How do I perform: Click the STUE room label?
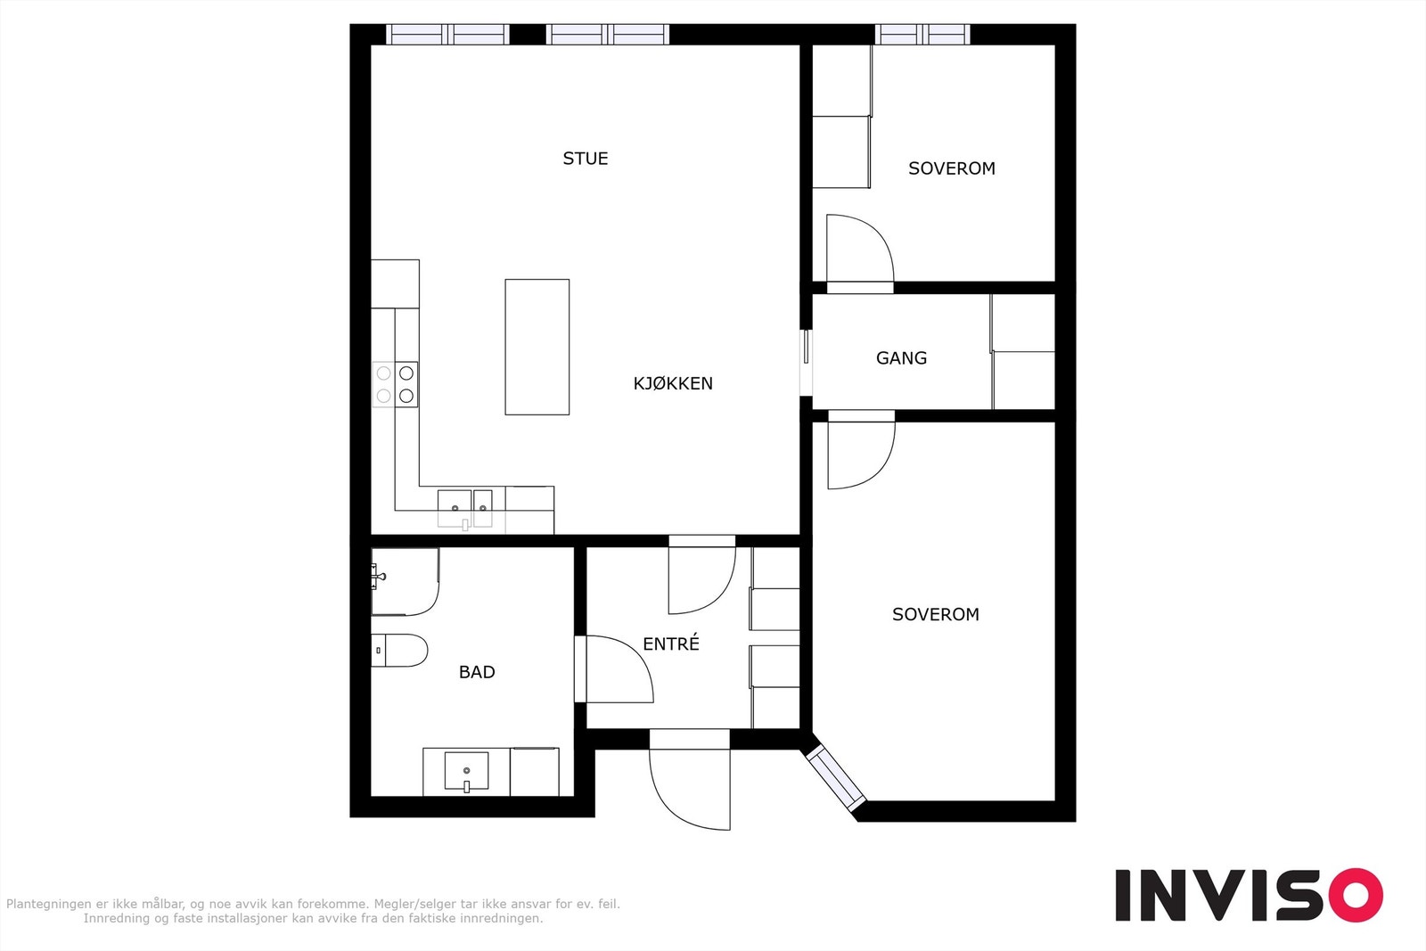pyautogui.click(x=585, y=159)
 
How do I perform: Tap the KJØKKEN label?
pyautogui.click(x=673, y=383)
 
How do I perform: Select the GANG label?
pyautogui.click(x=901, y=358)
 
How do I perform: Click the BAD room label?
pyautogui.click(x=477, y=672)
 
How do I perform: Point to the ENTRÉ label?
pyautogui.click(x=671, y=644)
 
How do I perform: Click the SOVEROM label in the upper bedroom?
pyautogui.click(x=952, y=168)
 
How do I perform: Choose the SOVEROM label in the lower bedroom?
pyautogui.click(x=936, y=615)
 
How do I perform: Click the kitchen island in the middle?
pyautogui.click(x=537, y=347)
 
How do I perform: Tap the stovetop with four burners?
pyautogui.click(x=395, y=384)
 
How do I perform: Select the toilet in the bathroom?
pyautogui.click(x=399, y=651)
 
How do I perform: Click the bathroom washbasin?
pyautogui.click(x=467, y=772)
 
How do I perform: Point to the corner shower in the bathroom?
pyautogui.click(x=405, y=582)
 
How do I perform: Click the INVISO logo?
pyautogui.click(x=1249, y=894)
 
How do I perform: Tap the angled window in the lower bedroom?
pyautogui.click(x=835, y=778)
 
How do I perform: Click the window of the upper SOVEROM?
pyautogui.click(x=922, y=35)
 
